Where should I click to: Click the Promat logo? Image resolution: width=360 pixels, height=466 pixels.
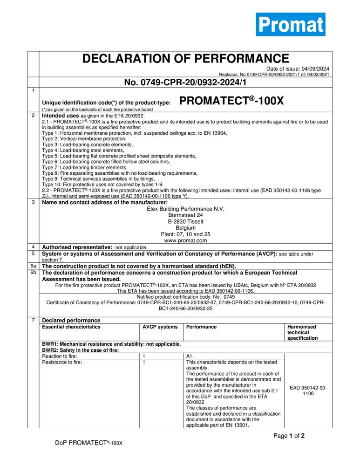click(290, 24)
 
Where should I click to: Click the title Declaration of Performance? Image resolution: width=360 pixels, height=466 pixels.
click(185, 59)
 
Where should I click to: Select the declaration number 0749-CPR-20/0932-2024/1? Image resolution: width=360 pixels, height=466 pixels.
click(185, 82)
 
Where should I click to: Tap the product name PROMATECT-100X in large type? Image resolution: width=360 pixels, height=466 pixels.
click(231, 101)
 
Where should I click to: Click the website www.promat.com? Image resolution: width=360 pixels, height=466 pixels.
click(185, 241)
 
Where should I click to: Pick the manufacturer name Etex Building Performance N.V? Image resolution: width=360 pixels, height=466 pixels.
click(185, 209)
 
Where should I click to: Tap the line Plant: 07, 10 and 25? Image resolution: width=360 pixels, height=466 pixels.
click(185, 234)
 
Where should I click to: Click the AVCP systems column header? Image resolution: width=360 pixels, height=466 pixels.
click(160, 327)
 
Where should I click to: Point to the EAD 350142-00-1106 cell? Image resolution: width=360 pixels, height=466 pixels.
click(308, 390)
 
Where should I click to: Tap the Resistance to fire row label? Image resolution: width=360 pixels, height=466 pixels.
click(62, 362)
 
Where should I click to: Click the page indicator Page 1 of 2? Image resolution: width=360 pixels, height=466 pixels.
click(289, 436)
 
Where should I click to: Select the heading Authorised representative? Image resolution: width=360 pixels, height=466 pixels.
click(77, 247)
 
